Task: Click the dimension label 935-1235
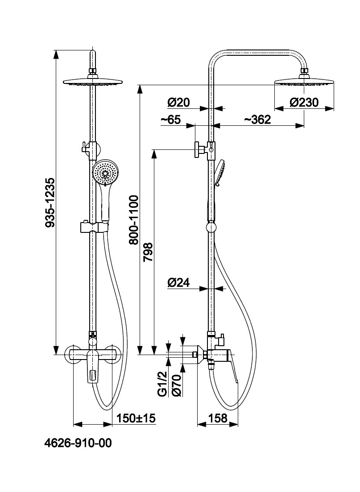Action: point(50,203)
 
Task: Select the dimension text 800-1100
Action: point(133,219)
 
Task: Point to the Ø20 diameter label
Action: point(178,103)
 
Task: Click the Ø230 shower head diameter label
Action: point(304,103)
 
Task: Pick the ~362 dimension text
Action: point(257,120)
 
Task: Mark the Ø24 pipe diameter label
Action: point(178,282)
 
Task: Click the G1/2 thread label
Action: point(162,384)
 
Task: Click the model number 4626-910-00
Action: point(78,443)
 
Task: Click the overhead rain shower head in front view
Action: point(93,81)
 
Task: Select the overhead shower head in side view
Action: point(304,81)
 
